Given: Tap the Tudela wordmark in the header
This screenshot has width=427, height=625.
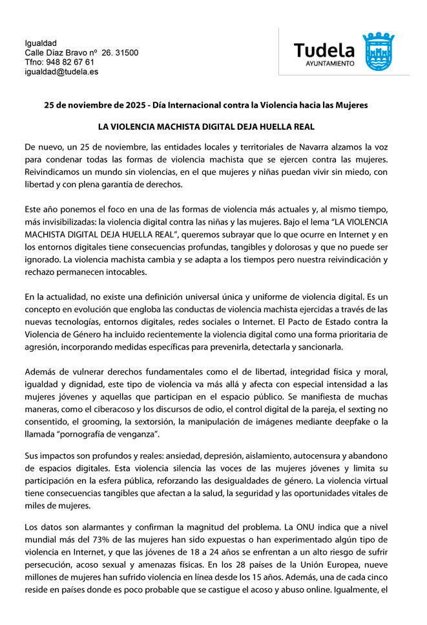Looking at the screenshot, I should (324, 50).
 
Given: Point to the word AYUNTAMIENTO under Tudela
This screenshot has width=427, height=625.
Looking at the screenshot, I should (330, 64).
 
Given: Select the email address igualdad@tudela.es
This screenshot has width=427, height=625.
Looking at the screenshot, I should (61, 72).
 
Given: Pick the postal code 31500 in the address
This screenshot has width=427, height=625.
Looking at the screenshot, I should (127, 52).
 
